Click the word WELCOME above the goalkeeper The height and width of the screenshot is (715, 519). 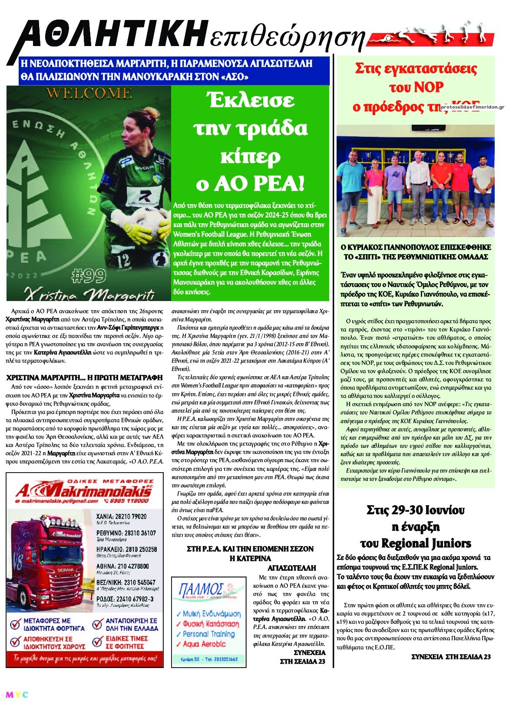(89, 93)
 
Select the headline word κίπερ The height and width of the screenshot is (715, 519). (250, 156)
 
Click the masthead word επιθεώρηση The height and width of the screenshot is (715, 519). (287, 38)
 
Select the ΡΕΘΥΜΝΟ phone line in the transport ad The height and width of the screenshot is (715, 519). (126, 533)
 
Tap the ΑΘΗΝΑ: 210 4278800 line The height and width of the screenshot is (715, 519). (122, 566)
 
